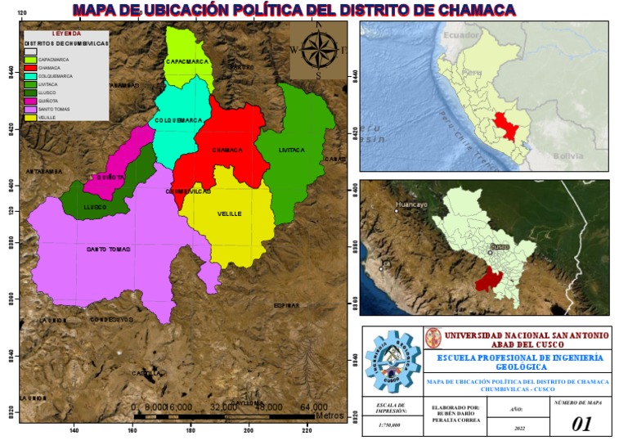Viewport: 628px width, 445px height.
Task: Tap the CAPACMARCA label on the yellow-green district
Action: click(189, 62)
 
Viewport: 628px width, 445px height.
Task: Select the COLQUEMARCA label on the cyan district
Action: click(178, 120)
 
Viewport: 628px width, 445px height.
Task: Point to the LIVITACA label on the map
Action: click(291, 151)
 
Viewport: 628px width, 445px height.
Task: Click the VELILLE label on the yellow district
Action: click(230, 214)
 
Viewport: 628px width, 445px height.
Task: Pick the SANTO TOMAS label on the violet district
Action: click(109, 249)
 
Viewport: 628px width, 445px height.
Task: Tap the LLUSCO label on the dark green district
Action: click(96, 208)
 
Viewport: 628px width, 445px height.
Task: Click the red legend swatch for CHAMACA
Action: click(31, 67)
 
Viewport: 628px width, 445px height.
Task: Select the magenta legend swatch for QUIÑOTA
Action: click(31, 101)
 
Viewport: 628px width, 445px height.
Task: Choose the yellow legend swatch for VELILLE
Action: click(31, 117)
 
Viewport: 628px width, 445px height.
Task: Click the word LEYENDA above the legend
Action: click(66, 34)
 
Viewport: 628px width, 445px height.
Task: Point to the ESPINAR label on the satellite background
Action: click(287, 305)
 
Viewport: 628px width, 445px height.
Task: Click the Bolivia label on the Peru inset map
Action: click(566, 155)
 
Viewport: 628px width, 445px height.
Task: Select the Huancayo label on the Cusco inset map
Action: click(411, 205)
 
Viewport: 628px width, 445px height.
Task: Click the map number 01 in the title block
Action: click(581, 423)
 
